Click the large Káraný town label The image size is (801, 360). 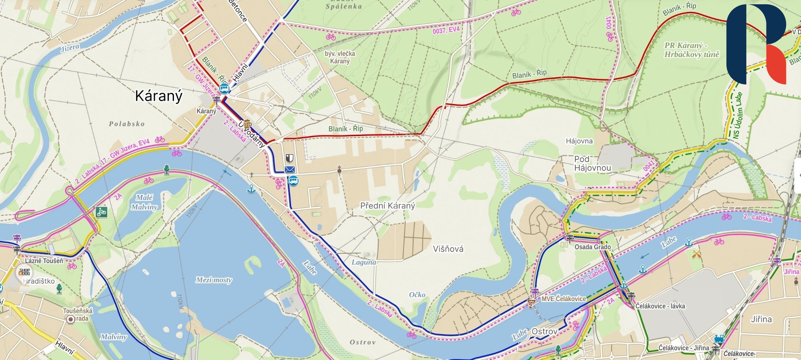coord(158,96)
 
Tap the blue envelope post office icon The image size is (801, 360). coord(290,169)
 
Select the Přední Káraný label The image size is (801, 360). coord(387,206)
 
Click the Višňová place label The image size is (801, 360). coord(448,249)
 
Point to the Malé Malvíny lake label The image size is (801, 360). coord(144,202)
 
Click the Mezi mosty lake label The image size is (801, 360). coord(214,280)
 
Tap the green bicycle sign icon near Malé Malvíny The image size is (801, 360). coord(102,212)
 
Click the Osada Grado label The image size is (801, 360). coord(592,247)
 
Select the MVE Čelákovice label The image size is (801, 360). coord(563,299)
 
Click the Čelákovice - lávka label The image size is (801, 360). coord(660,306)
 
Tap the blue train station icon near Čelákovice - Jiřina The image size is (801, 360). coord(719,339)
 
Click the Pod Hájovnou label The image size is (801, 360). coord(592,163)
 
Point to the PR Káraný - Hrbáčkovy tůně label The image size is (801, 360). coord(691,50)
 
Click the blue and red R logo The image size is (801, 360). coord(756,44)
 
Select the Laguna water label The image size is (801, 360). coord(363,262)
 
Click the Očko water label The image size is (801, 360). coord(417,295)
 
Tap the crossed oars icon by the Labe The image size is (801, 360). coord(697,255)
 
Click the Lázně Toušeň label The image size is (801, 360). coord(44,261)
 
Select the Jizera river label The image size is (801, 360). coord(70,48)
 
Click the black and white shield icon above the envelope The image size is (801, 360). coord(289,158)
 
